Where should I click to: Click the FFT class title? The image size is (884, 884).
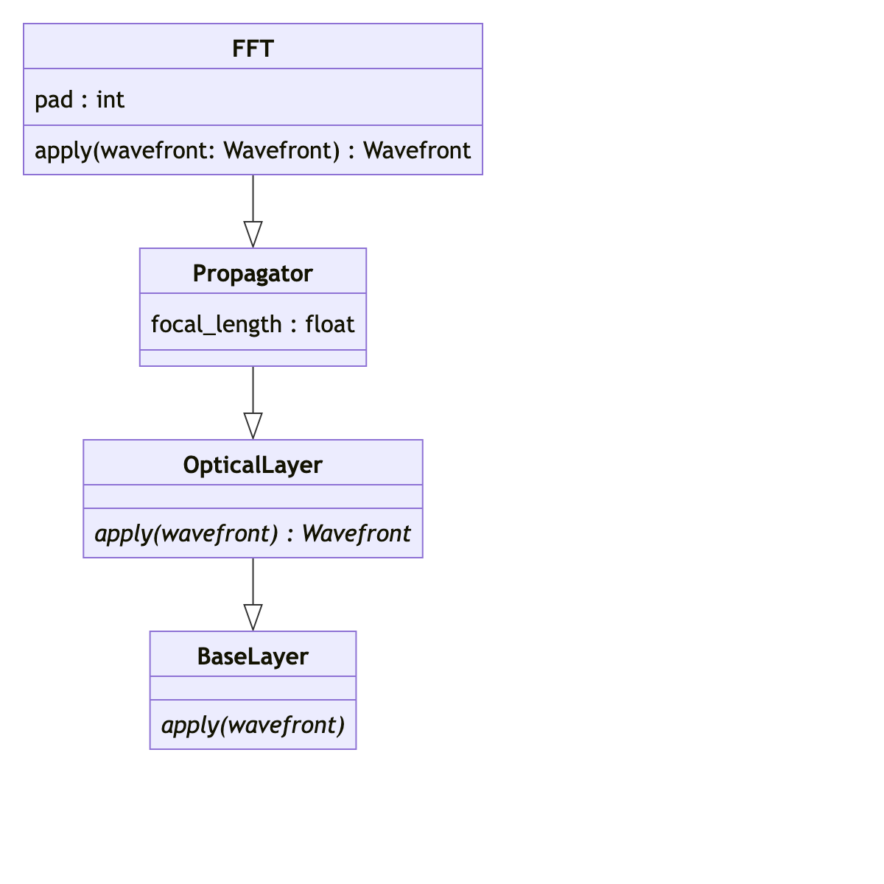253,49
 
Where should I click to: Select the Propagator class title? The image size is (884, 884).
253,273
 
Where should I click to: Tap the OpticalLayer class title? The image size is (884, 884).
253,465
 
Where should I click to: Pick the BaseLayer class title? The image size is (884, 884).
253,656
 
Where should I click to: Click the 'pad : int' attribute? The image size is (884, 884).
80,99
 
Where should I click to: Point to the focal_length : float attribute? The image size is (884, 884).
253,324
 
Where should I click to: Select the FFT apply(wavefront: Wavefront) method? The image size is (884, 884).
253,150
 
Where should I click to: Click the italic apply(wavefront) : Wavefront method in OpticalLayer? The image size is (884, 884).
253,533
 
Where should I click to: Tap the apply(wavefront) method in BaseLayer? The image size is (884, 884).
253,725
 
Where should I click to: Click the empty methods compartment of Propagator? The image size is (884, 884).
253,359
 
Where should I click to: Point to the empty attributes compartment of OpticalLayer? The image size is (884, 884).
253,497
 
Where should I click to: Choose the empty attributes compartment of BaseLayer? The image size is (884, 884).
253,688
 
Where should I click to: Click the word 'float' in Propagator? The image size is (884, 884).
330,324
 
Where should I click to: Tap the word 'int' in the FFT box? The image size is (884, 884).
110,99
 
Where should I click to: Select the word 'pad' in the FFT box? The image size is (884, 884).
54,99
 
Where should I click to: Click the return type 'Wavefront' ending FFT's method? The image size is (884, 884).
417,150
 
